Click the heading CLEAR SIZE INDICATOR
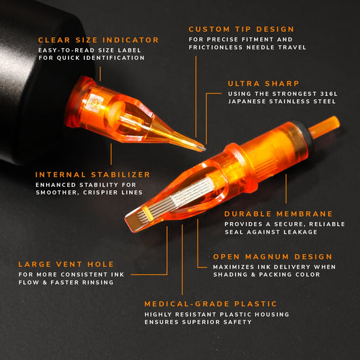click(98, 40)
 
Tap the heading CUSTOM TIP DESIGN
click(241, 29)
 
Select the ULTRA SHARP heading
click(264, 84)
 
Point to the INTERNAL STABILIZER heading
click(92, 175)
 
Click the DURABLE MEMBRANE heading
click(278, 214)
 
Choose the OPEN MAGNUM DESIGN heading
click(272, 257)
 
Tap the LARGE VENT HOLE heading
click(66, 264)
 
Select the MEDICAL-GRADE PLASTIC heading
click(211, 304)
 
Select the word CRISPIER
click(100, 192)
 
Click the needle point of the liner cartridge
click(204, 149)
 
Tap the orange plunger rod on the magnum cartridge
click(324, 127)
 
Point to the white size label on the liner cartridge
click(94, 104)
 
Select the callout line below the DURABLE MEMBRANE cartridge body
click(286, 189)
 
